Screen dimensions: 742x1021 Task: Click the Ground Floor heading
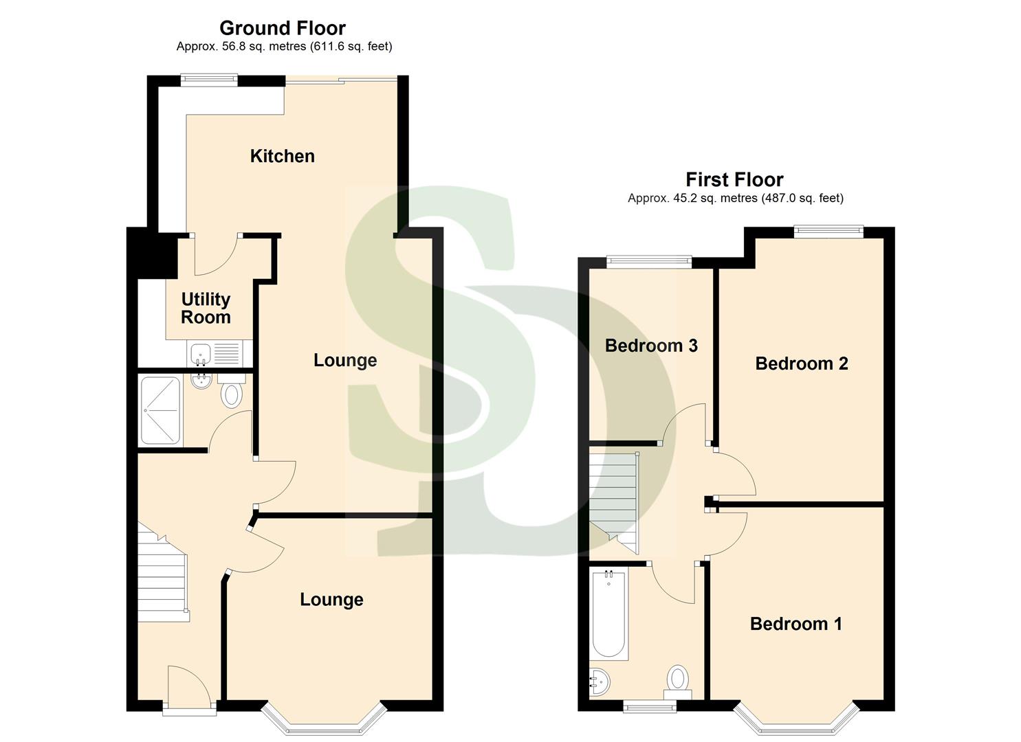click(x=283, y=28)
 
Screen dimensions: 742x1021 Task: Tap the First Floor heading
click(x=734, y=180)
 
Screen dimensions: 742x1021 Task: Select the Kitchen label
click(x=282, y=156)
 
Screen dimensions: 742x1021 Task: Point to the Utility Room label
click(x=206, y=308)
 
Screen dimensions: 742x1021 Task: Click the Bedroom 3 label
click(x=651, y=346)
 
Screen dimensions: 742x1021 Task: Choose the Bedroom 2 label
click(x=801, y=363)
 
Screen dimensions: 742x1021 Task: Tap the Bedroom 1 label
click(x=795, y=624)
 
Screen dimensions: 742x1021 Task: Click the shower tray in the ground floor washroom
click(x=161, y=410)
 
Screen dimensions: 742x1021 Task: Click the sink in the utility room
click(x=200, y=355)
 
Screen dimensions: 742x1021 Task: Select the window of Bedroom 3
click(x=649, y=260)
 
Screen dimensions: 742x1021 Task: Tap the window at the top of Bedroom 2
click(x=828, y=231)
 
